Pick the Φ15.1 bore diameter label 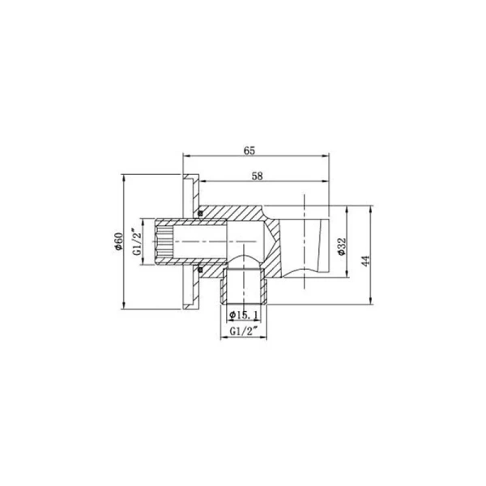[244, 313]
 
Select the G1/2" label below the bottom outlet [242, 331]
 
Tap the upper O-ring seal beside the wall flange [198, 214]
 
